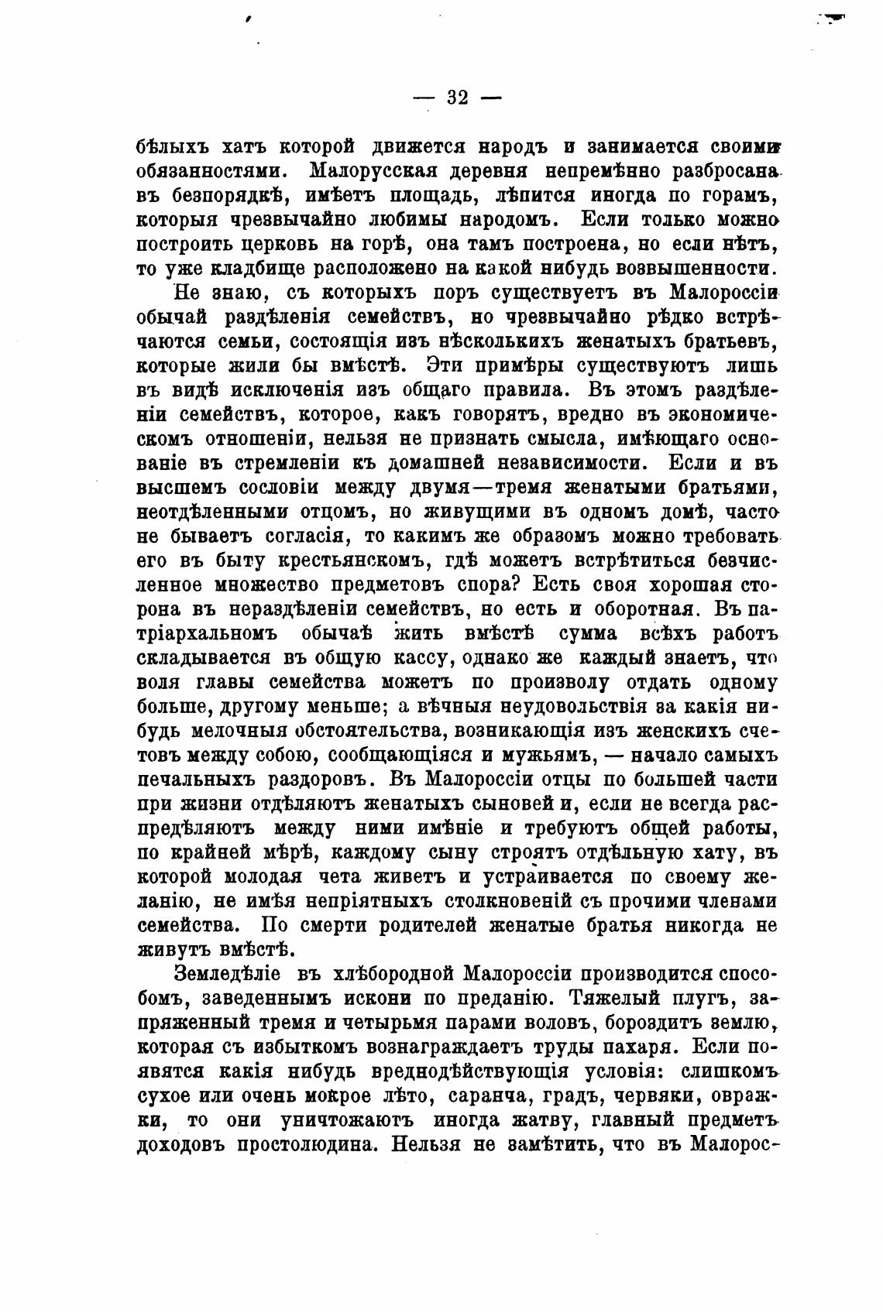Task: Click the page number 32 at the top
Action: click(x=458, y=98)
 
